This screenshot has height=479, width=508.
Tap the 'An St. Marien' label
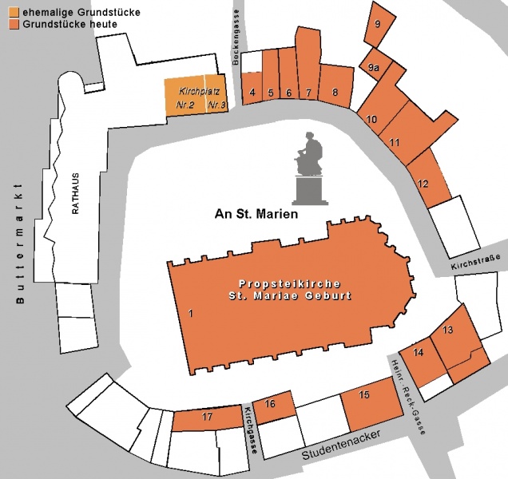(x=256, y=214)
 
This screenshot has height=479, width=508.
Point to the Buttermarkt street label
(x=21, y=243)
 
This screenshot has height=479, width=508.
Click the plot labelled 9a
(x=374, y=69)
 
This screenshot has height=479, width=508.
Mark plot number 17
(x=207, y=418)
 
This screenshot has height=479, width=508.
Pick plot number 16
(x=270, y=405)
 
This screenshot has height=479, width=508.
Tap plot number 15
(x=364, y=395)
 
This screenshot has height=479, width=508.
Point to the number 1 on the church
(x=191, y=314)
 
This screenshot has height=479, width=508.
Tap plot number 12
(x=423, y=184)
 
